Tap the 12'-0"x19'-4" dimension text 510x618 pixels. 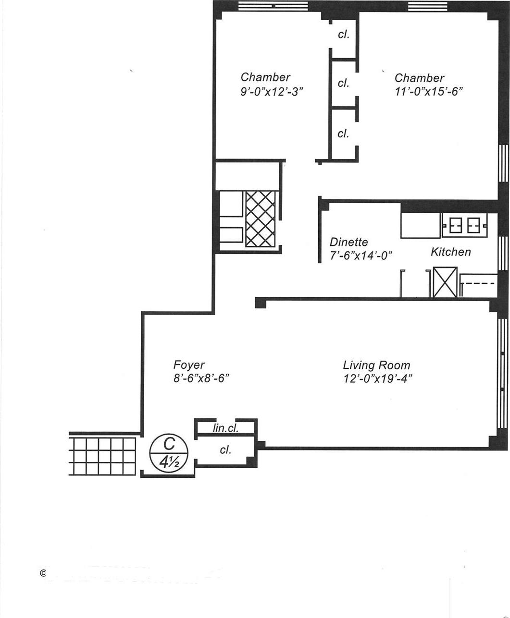pos(378,379)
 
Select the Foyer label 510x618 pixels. pos(188,365)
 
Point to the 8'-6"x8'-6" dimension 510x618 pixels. pos(201,378)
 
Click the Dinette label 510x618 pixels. pos(348,242)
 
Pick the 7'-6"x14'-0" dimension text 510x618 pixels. pos(361,256)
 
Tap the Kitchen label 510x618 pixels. pos(450,252)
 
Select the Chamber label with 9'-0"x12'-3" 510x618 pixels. pos(265,77)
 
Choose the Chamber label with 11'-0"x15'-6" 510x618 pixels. pos(419,78)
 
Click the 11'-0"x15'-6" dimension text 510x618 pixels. pos(428,92)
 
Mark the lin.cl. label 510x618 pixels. pos(225,428)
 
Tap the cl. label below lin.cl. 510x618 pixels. pos(225,450)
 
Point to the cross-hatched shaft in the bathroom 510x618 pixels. pos(261,218)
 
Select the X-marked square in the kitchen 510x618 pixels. pos(445,282)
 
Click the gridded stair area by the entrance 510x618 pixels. pos(102,456)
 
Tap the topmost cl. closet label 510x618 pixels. pos(343,35)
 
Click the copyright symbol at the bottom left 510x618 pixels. pos(43,573)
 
